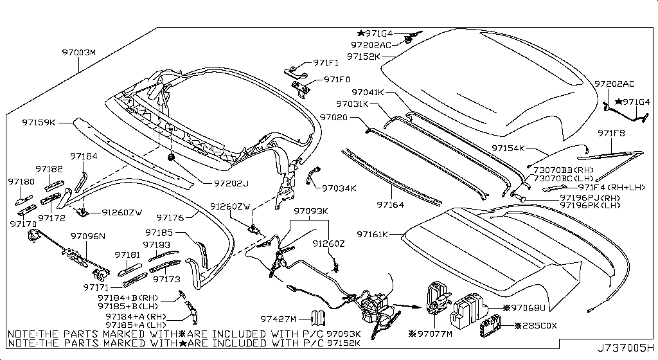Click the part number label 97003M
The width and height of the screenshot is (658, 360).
78,52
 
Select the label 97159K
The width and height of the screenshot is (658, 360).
39,122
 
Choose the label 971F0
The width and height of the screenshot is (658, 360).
337,80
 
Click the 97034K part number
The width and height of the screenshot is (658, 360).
339,188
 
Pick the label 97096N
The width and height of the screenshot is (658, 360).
87,237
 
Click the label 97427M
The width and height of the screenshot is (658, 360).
278,319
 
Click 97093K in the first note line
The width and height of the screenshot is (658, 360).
344,335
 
